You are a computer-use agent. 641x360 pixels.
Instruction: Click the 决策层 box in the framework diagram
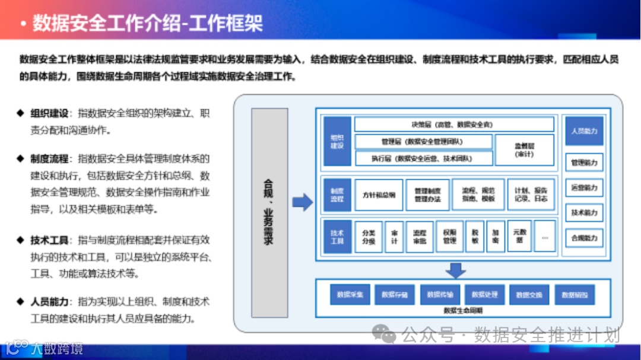coord(453,125)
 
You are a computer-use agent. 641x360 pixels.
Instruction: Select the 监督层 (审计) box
coord(524,149)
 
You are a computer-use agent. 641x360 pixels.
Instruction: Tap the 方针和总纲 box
coord(379,195)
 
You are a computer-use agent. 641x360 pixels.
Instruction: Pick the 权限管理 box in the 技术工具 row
coord(449,237)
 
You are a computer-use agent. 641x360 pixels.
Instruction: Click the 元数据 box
coord(519,237)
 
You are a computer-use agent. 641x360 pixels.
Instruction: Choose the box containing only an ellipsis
coord(544,237)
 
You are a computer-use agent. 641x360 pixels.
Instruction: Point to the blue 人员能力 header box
coord(584,131)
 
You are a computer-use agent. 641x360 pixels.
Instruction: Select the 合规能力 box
coord(584,238)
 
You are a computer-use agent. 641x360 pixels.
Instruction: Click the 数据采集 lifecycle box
coord(350,294)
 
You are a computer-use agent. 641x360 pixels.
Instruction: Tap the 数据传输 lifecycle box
coord(440,294)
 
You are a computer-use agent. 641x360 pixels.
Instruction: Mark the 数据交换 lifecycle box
coord(529,294)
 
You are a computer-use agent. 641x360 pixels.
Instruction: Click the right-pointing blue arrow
coord(303,202)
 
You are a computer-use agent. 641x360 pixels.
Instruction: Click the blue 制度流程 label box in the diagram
coord(337,195)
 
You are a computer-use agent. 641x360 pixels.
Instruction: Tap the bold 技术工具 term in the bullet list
coord(49,240)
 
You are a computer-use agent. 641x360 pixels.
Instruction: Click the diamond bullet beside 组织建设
coord(20,113)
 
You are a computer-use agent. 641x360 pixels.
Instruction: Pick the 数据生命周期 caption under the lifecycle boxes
coord(463,310)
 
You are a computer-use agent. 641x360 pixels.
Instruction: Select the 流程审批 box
coord(420,237)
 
